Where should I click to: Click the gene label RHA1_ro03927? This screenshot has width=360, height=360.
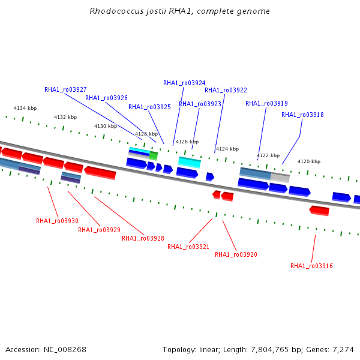click(65, 89)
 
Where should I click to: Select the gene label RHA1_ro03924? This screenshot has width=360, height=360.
click(184, 83)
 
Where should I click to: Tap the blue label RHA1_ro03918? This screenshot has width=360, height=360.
click(302, 115)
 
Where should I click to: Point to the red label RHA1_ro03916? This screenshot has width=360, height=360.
click(311, 266)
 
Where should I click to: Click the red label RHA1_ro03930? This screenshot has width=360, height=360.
click(57, 221)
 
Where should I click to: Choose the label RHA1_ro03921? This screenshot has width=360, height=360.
click(188, 247)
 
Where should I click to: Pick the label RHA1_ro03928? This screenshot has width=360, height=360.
click(143, 238)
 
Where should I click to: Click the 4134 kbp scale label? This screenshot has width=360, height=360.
click(25, 108)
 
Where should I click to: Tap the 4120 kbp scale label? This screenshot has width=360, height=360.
click(309, 161)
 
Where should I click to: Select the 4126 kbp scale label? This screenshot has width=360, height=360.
click(187, 142)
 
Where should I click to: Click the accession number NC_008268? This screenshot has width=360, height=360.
click(65, 350)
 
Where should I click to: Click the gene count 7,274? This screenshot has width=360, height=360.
click(343, 350)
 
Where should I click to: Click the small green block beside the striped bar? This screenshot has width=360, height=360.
click(154, 156)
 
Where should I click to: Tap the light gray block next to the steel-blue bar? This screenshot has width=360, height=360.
click(280, 178)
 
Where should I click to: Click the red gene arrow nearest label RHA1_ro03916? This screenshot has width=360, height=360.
click(319, 211)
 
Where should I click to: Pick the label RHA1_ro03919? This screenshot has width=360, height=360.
click(266, 104)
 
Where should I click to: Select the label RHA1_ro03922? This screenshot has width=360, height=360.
click(226, 90)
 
